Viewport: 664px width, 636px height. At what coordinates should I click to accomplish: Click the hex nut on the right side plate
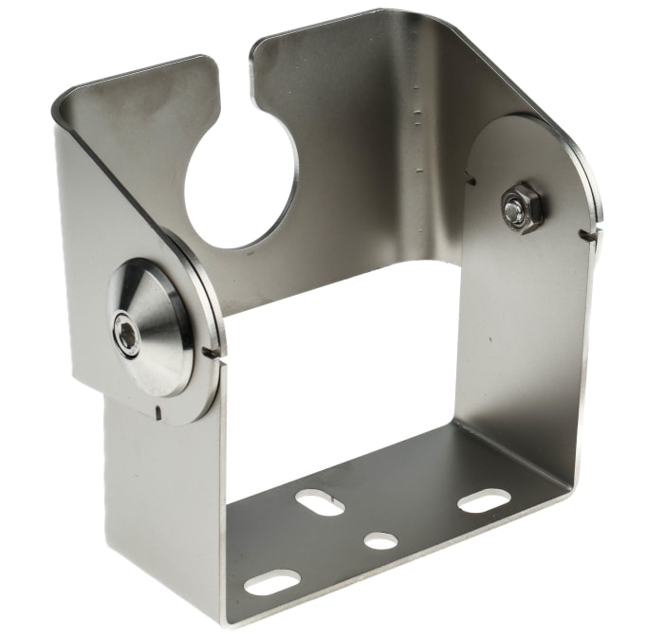[x=522, y=208]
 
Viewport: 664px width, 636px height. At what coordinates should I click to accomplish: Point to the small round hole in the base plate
[x=381, y=540]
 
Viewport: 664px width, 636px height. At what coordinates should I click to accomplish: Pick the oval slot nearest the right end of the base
[x=484, y=500]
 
